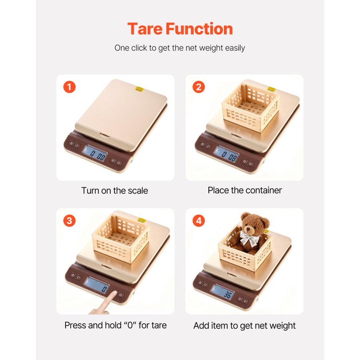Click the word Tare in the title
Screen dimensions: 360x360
[x=145, y=29]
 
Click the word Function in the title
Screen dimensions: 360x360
[x=199, y=29]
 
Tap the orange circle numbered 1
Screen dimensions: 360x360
[x=69, y=87]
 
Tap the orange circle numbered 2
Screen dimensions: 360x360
[x=198, y=87]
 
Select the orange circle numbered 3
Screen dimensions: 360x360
[x=69, y=221]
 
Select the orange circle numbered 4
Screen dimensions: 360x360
[x=198, y=221]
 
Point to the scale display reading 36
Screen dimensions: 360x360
[x=223, y=292]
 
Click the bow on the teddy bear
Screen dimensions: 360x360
[x=250, y=238]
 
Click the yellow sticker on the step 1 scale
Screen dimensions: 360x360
[x=139, y=89]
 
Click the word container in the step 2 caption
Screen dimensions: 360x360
[x=264, y=190]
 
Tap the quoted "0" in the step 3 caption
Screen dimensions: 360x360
[x=130, y=325]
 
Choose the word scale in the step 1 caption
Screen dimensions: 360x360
[x=138, y=190]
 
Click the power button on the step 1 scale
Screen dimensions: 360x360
[x=118, y=163]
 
